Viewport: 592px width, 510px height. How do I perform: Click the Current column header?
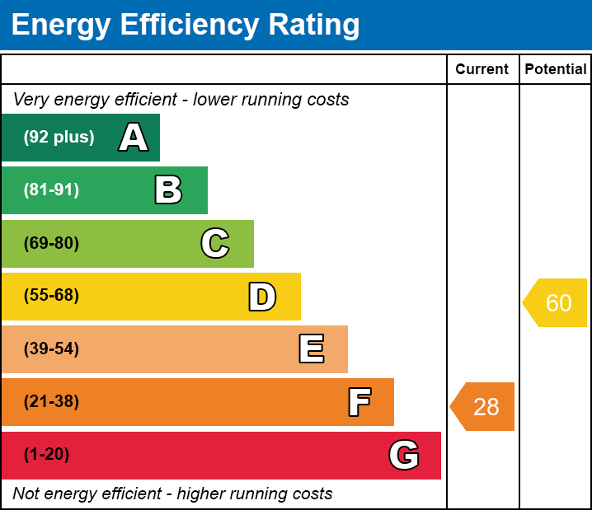pos(482,69)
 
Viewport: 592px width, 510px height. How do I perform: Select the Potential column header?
pos(556,69)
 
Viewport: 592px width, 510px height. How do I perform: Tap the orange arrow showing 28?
pos(482,407)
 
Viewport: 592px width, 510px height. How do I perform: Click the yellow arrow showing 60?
pos(555,302)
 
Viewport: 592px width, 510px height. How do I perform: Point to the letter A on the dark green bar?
pos(134,137)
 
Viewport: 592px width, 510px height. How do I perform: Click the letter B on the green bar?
pos(168,189)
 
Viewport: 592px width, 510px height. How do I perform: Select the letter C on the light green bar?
pos(215,243)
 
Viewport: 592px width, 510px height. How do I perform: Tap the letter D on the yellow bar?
pos(262,297)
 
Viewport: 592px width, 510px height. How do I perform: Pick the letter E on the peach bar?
pos(312,349)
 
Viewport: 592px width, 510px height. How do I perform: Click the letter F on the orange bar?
pos(359,402)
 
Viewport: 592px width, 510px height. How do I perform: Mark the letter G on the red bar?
pos(404,455)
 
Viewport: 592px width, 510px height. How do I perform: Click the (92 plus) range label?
pos(59,137)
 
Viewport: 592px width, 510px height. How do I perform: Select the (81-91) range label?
pos(51,189)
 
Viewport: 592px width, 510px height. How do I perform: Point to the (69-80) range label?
pos(51,243)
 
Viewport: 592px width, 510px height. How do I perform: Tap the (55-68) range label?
pos(51,295)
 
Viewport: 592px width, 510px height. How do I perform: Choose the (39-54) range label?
pos(51,349)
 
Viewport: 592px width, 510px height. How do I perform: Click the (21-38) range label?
pos(51,402)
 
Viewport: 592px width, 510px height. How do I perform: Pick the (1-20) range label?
pos(46,455)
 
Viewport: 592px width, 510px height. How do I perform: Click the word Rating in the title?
pos(314,26)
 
